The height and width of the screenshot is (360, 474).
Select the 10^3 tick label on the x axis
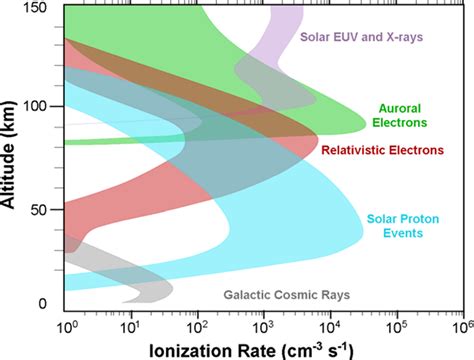coord(265,325)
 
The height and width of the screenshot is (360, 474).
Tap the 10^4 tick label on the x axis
coord(331,325)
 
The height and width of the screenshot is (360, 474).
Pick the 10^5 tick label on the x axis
coord(397,325)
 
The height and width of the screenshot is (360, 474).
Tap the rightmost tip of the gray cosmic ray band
coord(173,291)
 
